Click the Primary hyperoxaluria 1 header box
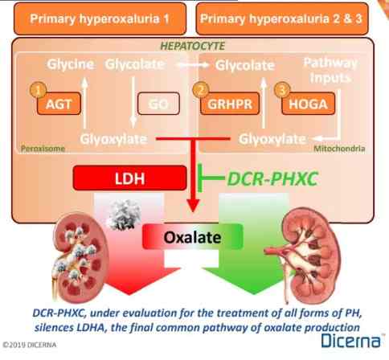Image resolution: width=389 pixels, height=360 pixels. coord(100,18)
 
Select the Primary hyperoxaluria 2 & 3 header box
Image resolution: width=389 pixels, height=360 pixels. coord(282,18)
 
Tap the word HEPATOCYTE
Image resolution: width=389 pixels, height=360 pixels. coord(192,46)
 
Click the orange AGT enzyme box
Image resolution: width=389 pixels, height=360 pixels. coord(59,104)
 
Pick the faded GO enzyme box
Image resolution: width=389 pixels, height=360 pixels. coord(158,104)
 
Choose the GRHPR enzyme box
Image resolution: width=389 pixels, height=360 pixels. coord(230,104)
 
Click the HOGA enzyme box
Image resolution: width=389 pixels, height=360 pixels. coord(309,104)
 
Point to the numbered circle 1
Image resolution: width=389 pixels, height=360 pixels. coord(38,90)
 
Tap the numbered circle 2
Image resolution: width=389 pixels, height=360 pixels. coord(201,90)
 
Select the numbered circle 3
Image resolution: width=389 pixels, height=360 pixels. coord(282,90)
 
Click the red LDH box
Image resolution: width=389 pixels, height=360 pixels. coord(129,178)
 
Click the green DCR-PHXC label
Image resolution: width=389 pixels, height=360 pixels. coord(272,178)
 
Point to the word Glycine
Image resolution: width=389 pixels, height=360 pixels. coord(71,64)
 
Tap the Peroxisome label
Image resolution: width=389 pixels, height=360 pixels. coord(43,149)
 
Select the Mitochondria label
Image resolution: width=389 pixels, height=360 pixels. coord(339,149)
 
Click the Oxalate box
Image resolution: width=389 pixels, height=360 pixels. coord(193,237)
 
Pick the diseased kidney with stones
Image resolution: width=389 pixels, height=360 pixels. coord(80,257)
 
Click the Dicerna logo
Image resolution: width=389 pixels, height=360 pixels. coord(351,341)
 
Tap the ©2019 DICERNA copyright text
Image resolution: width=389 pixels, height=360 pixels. coord(30,345)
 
